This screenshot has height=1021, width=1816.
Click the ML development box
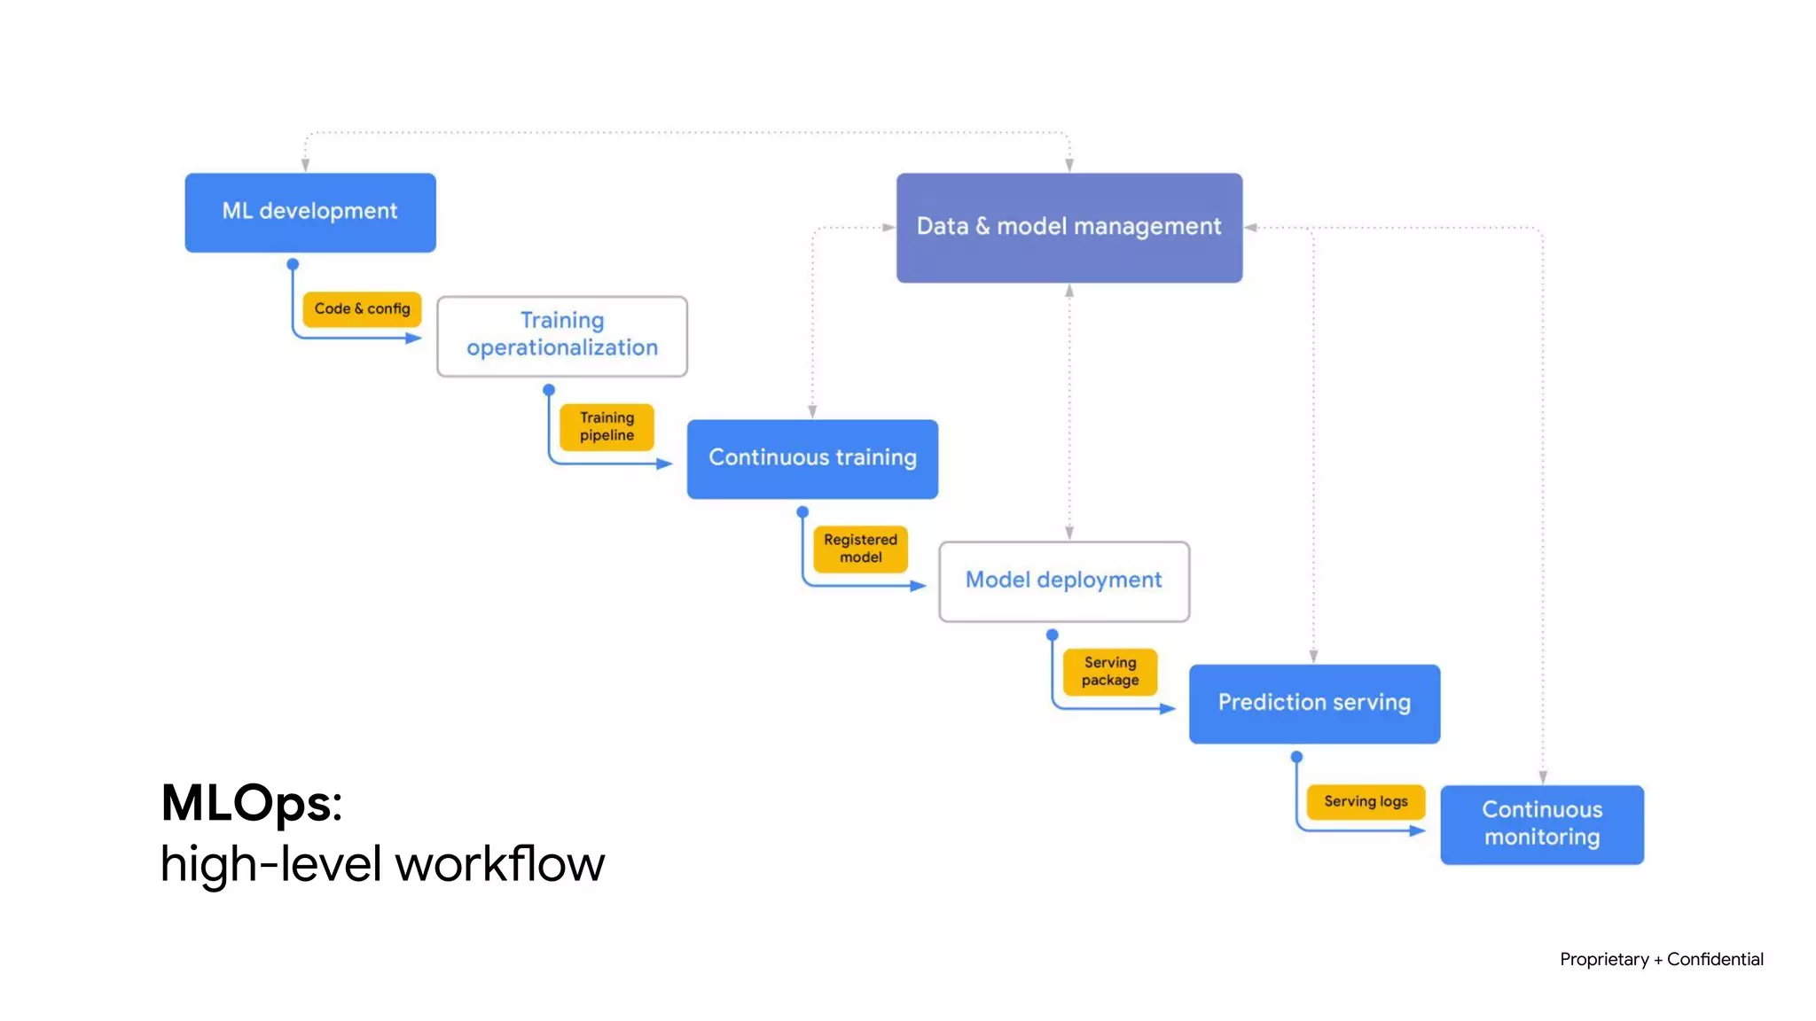coord(309,212)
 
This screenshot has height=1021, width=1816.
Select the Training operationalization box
coord(561,335)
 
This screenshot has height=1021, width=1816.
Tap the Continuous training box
coord(811,458)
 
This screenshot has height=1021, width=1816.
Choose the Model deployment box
coord(1063,581)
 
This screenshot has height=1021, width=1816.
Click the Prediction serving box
coord(1313,703)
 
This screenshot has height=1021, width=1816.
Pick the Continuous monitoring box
coord(1541,823)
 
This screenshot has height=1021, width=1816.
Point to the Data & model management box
coord(1068,227)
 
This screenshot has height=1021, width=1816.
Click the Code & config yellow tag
coord(362,308)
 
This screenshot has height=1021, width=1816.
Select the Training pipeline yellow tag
coord(607,426)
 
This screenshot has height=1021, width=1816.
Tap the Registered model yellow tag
coord(860,549)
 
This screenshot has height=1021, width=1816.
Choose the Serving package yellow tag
coord(1109,671)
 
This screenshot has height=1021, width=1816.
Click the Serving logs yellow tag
coord(1365,801)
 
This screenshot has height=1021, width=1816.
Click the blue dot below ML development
coord(293,264)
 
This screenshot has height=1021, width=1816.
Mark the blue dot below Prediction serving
coord(1296,757)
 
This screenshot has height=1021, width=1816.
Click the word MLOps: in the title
coord(251,803)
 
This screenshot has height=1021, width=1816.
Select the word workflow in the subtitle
coord(499,863)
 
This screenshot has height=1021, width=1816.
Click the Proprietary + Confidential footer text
coord(1661,959)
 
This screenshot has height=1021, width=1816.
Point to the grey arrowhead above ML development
coord(305,165)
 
